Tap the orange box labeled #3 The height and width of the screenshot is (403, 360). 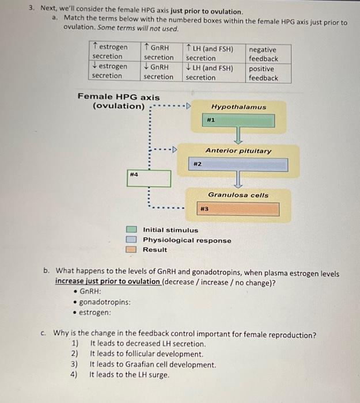tap(238, 209)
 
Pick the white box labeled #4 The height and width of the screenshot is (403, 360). tap(149, 178)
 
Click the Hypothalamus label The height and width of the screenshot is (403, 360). tap(238, 107)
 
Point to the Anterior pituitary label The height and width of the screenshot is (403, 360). tap(238, 151)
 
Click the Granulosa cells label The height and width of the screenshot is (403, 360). tap(238, 195)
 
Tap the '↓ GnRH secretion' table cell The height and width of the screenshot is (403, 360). tap(158, 72)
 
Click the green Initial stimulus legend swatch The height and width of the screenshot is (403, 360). tap(131, 230)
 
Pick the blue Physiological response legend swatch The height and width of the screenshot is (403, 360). tap(131, 240)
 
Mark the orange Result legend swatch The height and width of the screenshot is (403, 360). tap(131, 249)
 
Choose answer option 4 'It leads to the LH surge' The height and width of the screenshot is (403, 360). tap(129, 375)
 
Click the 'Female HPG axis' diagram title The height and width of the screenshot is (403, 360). tap(119, 97)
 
